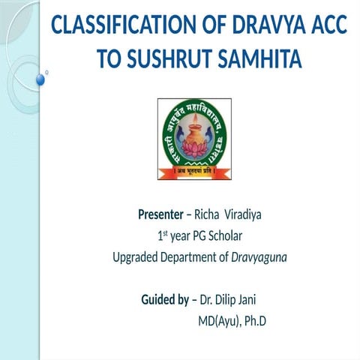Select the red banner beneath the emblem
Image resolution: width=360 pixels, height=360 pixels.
pos(193,172)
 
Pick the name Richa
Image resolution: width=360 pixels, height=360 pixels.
pos(208,215)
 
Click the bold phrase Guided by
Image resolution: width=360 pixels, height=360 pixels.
pos(165,301)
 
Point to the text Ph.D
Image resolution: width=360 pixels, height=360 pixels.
pos(256,322)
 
